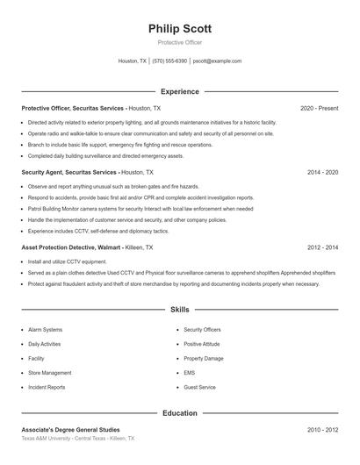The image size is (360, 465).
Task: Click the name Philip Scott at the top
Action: point(179,29)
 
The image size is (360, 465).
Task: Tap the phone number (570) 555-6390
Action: point(169,61)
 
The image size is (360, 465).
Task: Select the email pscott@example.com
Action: point(217,61)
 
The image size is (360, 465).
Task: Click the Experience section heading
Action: point(179,91)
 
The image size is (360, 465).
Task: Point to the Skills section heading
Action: point(179,310)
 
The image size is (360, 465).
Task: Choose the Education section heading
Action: point(179,412)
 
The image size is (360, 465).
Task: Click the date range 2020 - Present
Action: point(319,107)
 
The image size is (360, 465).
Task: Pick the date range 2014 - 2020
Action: point(322,172)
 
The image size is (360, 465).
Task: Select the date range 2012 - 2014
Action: point(322,248)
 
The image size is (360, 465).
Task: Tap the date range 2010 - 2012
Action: point(322,429)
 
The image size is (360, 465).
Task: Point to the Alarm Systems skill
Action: point(45,330)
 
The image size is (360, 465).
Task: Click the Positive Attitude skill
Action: point(202,344)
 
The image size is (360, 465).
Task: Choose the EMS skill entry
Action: point(190,372)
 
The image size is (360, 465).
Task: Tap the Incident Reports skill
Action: point(47,387)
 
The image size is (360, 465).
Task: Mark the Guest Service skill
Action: point(199,387)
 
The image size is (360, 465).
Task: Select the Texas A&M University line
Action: point(77,438)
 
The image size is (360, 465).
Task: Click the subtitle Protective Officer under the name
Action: point(179,42)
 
